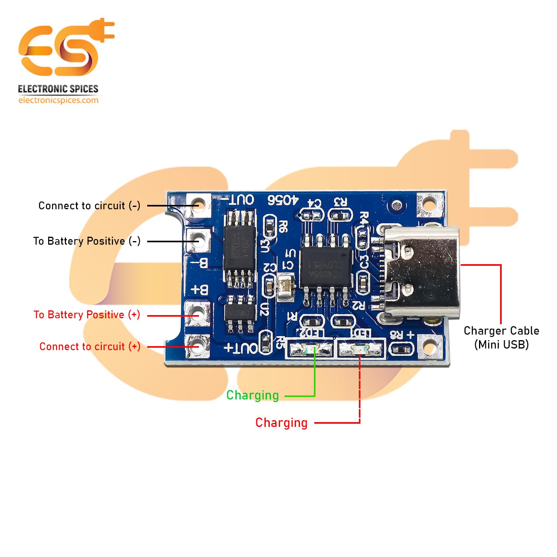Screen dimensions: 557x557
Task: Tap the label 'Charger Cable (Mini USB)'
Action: click(501, 337)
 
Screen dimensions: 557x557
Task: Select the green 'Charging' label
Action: click(252, 395)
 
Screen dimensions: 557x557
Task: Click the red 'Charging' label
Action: click(281, 423)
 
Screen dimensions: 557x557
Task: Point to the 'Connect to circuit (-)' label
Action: click(89, 206)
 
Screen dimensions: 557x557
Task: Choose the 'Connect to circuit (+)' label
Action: click(90, 347)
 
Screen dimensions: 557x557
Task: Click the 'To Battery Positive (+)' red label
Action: click(87, 315)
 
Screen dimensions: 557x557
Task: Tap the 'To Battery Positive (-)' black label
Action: click(87, 241)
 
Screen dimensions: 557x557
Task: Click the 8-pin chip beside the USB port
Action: click(326, 266)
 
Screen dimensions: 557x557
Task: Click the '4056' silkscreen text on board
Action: click(282, 200)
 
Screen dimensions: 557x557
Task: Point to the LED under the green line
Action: click(310, 350)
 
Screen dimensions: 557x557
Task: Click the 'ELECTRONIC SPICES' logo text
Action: click(58, 89)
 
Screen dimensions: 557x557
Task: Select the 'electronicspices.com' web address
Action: click(58, 100)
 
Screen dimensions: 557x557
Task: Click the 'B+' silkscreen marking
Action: click(200, 290)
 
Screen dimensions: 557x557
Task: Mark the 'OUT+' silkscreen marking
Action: click(241, 349)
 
